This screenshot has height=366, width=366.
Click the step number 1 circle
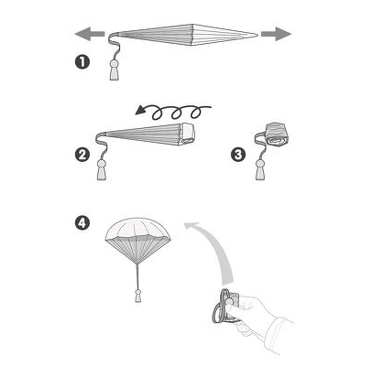point(82,62)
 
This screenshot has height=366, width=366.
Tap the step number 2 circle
point(82,155)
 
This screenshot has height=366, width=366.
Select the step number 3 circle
point(238,155)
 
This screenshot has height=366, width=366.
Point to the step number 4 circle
point(82,223)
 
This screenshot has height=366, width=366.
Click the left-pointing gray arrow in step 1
point(89,34)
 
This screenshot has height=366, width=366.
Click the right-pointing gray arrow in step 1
point(276,34)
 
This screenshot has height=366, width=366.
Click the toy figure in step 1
point(114,70)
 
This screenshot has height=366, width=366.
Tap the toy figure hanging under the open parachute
point(138,296)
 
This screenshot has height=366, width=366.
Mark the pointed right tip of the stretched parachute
point(257,35)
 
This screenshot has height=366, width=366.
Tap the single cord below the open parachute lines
point(138,277)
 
